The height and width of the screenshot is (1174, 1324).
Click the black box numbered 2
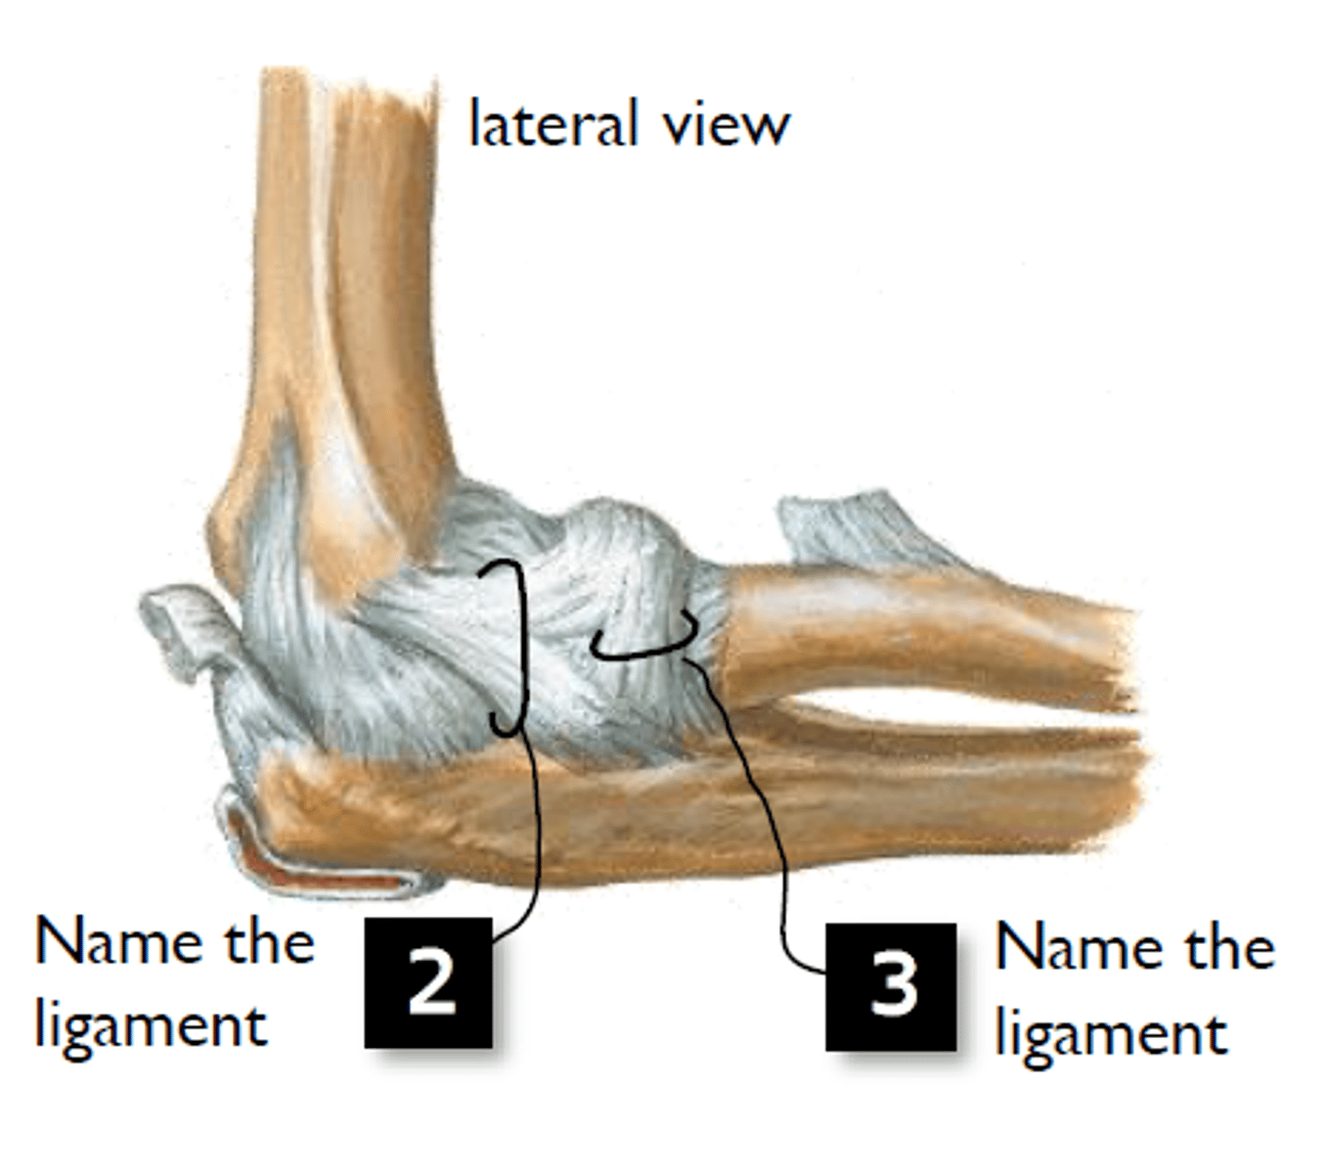coord(428,982)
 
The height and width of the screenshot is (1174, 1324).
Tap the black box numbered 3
coord(891,987)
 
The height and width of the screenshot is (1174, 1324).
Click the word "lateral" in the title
coord(552,122)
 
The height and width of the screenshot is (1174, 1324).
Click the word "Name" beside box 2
coord(117,942)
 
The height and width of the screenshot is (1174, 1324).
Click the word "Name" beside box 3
coord(1078,948)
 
